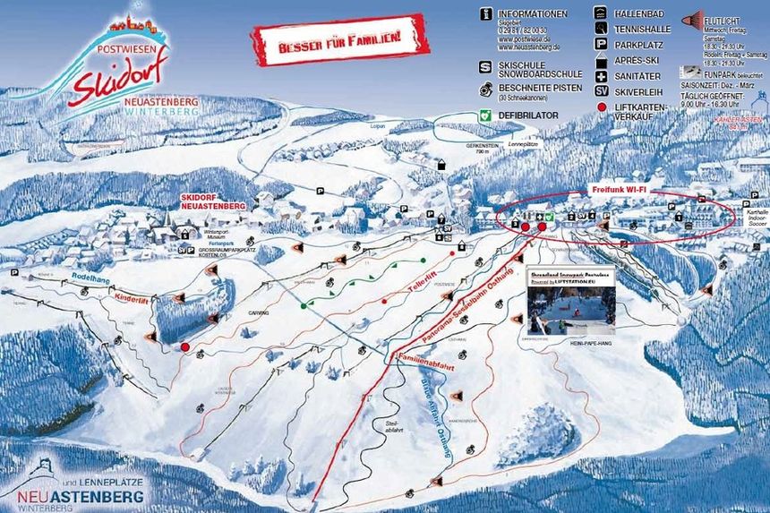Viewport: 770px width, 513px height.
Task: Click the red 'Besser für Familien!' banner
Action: (x=339, y=40)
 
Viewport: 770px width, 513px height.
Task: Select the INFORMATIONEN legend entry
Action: (x=533, y=14)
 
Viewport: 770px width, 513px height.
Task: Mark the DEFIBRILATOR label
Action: (x=528, y=115)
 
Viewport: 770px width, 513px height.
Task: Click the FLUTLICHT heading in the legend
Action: (x=722, y=19)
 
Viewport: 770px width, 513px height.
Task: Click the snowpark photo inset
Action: (x=570, y=305)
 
